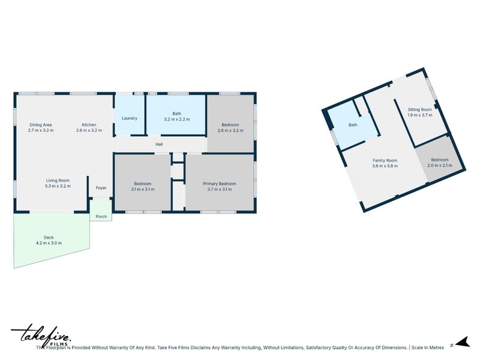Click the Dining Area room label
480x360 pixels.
(40, 125)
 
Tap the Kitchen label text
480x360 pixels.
(89, 125)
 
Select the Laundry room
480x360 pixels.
(130, 118)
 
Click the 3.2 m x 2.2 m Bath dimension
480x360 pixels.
(176, 119)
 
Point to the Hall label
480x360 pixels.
(159, 144)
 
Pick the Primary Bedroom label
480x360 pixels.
(219, 184)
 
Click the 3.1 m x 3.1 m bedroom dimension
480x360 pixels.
(142, 190)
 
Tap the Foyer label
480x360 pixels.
(101, 188)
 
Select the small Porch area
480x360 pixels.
(101, 217)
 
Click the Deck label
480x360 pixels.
(49, 237)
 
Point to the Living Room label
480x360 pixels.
(58, 180)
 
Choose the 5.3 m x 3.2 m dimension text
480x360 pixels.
(58, 186)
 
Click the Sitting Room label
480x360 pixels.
(419, 110)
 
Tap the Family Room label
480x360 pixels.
(385, 160)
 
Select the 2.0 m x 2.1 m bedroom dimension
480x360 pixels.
(439, 166)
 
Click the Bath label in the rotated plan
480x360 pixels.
(353, 125)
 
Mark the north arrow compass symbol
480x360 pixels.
(460, 343)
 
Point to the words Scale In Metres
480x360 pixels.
(428, 347)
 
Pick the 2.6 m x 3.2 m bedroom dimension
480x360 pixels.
(230, 130)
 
